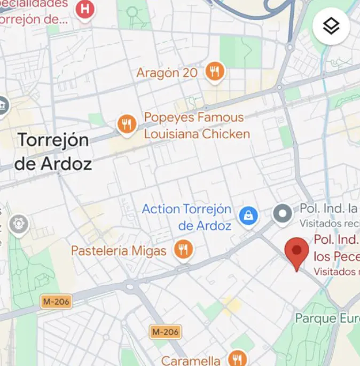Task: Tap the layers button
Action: [x=331, y=26]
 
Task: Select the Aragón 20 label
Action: [x=167, y=73]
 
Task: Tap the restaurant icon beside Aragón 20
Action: [x=214, y=71]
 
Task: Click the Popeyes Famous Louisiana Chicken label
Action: [x=197, y=125]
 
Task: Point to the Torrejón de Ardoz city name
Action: [x=53, y=152]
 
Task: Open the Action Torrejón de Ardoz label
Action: [x=186, y=217]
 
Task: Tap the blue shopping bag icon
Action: [x=248, y=216]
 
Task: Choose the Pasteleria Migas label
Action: [x=119, y=250]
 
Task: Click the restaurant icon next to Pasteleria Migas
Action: [x=183, y=249]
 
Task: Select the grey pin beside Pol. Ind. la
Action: [x=282, y=214]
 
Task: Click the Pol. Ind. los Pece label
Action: [x=336, y=248]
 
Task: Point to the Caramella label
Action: [x=190, y=361]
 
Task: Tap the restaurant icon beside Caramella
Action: [x=237, y=358]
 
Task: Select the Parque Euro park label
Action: [x=327, y=319]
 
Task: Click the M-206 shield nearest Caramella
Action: [x=165, y=332]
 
